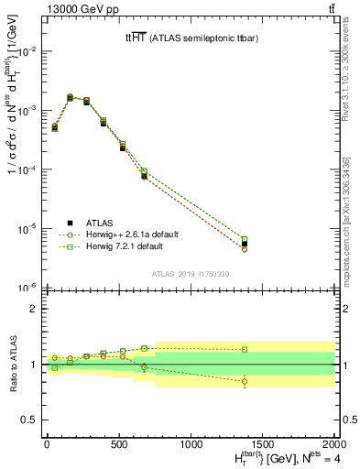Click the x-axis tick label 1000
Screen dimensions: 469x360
coord(191,443)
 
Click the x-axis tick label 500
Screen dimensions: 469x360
coord(119,443)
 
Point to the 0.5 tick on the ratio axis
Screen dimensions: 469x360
coord(28,420)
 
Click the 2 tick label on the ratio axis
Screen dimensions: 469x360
coord(33,309)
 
